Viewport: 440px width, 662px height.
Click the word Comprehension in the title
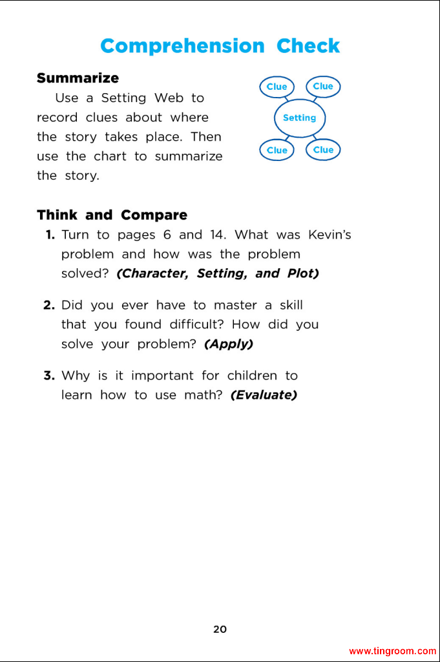(x=182, y=47)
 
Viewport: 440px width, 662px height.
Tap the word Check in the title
(x=308, y=47)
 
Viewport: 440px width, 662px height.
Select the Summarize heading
(x=78, y=78)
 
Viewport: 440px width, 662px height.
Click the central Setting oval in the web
(x=299, y=118)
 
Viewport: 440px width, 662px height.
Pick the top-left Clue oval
(x=277, y=87)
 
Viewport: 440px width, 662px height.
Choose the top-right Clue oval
(x=323, y=86)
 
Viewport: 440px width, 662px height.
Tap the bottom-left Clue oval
(x=277, y=150)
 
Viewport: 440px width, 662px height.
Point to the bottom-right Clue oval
(x=323, y=149)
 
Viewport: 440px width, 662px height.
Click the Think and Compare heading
(x=112, y=215)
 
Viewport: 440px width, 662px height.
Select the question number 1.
(x=50, y=235)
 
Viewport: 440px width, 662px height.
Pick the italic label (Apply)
(x=229, y=344)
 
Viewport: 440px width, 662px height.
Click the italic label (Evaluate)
(x=264, y=395)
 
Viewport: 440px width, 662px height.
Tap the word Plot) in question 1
(x=303, y=273)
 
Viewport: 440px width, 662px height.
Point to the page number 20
(x=220, y=629)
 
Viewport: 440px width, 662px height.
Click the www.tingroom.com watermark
(x=392, y=651)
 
